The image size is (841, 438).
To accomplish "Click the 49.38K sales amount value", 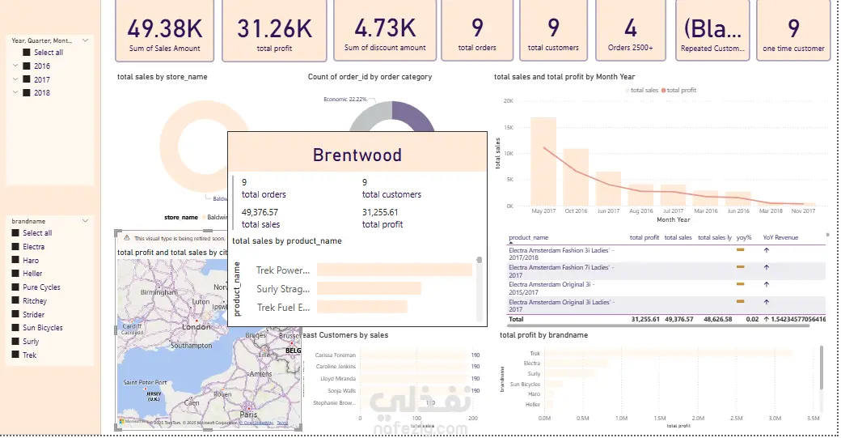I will point(165,29).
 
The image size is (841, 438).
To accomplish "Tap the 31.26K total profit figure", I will point(274,29).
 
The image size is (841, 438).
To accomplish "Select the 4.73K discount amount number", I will point(384,29).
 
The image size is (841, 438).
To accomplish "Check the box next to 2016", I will point(27,66).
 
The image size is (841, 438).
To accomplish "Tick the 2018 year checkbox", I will point(27,92).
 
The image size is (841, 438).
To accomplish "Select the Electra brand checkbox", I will point(15,247).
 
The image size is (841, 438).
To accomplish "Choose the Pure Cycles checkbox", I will point(15,287).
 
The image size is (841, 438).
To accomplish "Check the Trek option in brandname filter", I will point(15,355).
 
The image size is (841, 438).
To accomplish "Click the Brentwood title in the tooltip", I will point(357,155).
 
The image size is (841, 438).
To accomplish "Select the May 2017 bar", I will point(543,162).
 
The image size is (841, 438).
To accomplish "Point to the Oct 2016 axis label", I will point(576,211).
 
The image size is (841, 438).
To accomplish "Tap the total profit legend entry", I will point(679,91).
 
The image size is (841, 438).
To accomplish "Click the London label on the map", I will point(197,327).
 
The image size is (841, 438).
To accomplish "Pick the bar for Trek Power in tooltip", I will point(394,270).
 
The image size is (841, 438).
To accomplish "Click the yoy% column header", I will point(743,238).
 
